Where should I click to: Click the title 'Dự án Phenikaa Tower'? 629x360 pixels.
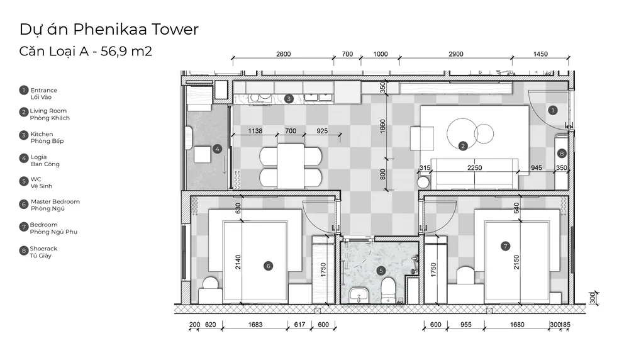tap(109, 30)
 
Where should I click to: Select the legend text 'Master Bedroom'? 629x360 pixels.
tap(55, 201)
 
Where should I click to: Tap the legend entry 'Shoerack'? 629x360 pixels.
tap(44, 249)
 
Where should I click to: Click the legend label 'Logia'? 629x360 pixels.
tap(38, 157)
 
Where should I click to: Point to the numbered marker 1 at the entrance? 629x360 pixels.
tap(553, 110)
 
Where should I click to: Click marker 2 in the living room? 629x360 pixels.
tap(463, 146)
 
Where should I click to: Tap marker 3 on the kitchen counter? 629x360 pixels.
tap(289, 99)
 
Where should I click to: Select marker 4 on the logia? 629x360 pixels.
tap(217, 149)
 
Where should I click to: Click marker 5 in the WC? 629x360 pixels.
tap(381, 271)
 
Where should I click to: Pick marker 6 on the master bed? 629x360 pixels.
tap(269, 266)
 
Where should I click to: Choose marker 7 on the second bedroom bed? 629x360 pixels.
tap(506, 246)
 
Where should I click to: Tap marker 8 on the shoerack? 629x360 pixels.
tap(562, 154)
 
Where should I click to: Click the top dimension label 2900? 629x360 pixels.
tap(456, 54)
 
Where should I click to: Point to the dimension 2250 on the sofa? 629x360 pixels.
tap(474, 168)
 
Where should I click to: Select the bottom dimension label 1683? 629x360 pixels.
tap(255, 325)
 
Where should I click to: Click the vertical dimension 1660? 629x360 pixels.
tap(382, 127)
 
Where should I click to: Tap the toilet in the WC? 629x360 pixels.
tap(388, 290)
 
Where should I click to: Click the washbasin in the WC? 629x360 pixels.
tap(359, 295)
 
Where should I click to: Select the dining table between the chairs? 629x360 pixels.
tap(291, 166)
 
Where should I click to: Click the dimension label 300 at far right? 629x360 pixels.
tap(593, 298)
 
